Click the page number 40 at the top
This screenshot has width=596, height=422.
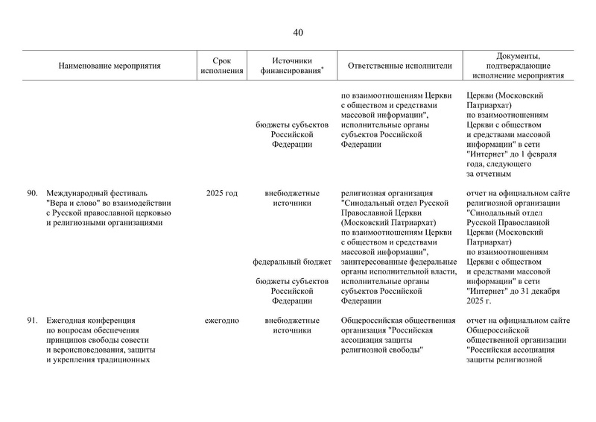pos(298,32)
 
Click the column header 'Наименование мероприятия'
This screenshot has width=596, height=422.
pos(110,66)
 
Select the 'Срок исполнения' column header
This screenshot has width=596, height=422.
pos(221,66)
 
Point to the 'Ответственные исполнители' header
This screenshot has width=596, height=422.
pos(399,66)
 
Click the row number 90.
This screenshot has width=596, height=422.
pos(32,194)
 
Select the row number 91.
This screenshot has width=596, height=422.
pos(32,321)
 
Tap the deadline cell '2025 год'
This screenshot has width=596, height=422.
pos(221,194)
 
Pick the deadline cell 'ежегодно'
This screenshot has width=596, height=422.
pos(221,321)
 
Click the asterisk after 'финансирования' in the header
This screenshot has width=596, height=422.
pos(322,69)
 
